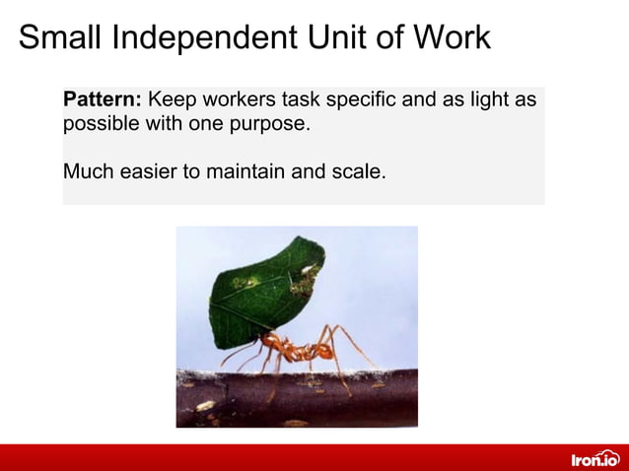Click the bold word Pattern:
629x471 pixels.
103,101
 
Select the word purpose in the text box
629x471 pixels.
268,126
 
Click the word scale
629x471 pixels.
356,171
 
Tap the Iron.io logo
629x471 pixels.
594,458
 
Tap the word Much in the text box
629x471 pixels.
87,171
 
